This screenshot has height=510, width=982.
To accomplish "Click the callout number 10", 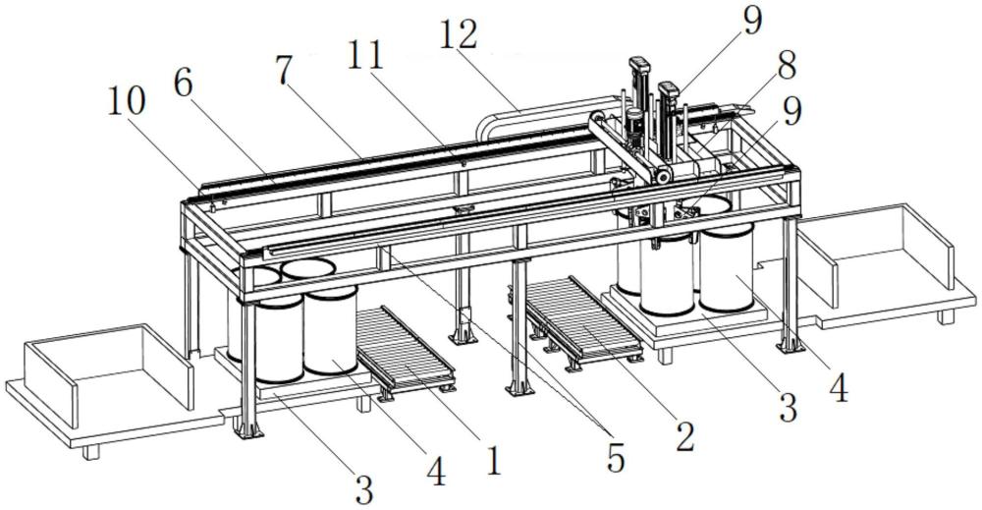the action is pos(126,103).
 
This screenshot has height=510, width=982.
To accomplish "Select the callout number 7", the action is pos(284,72).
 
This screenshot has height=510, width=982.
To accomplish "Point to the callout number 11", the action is pos(365,57).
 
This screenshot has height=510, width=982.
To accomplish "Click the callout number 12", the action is pos(459,35).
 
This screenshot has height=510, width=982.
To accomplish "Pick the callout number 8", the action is pos(786,65).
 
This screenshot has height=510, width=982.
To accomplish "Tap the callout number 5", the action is pos(616,459).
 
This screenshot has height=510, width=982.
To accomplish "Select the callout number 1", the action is pos(494,461).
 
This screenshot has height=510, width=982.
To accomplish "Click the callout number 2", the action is pos(684,436).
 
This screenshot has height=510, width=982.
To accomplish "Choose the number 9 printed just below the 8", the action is pos(791,113).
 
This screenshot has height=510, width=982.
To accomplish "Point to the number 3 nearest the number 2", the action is pos(788,409).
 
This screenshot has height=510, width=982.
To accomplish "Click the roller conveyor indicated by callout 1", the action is pos(406,350).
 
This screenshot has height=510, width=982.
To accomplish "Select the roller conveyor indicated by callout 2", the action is pos(583,319).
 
